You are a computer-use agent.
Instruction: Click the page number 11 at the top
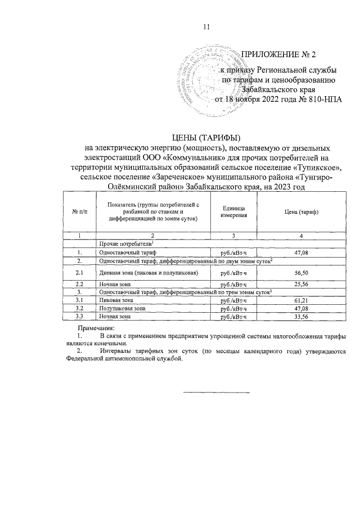206,26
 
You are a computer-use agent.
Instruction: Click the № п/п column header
79,211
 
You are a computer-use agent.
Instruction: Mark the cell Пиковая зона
117,301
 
